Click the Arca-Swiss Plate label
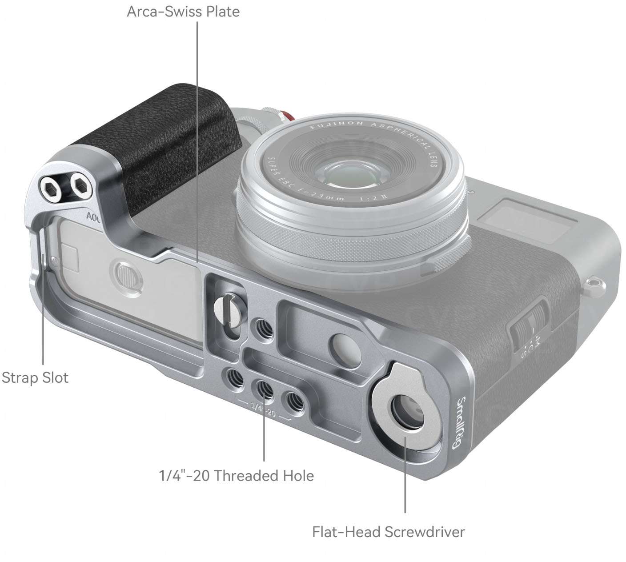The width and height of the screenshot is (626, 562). (183, 11)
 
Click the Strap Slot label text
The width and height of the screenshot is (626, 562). (35, 378)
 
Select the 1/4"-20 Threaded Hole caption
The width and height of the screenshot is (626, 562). (237, 476)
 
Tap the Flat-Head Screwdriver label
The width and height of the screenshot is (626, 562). (389, 532)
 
